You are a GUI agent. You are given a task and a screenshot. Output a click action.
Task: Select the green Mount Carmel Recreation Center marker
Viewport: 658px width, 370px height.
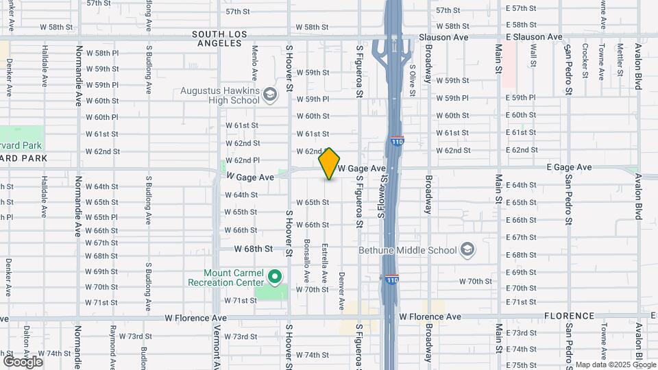(x=275, y=277)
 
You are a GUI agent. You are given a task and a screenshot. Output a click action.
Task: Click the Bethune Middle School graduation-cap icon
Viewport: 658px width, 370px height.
(x=468, y=249)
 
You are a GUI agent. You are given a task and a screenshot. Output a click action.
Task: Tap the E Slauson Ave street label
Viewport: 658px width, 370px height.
(x=534, y=37)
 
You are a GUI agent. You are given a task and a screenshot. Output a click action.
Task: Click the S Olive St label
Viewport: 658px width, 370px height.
(x=413, y=77)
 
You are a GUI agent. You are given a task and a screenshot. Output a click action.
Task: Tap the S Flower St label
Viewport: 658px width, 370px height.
(x=384, y=196)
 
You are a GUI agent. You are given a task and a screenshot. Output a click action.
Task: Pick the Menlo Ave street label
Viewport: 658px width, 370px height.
(x=254, y=62)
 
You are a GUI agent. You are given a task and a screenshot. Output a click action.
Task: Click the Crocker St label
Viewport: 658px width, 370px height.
(x=585, y=61)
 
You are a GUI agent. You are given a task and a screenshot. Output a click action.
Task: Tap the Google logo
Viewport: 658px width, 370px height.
(x=23, y=361)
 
